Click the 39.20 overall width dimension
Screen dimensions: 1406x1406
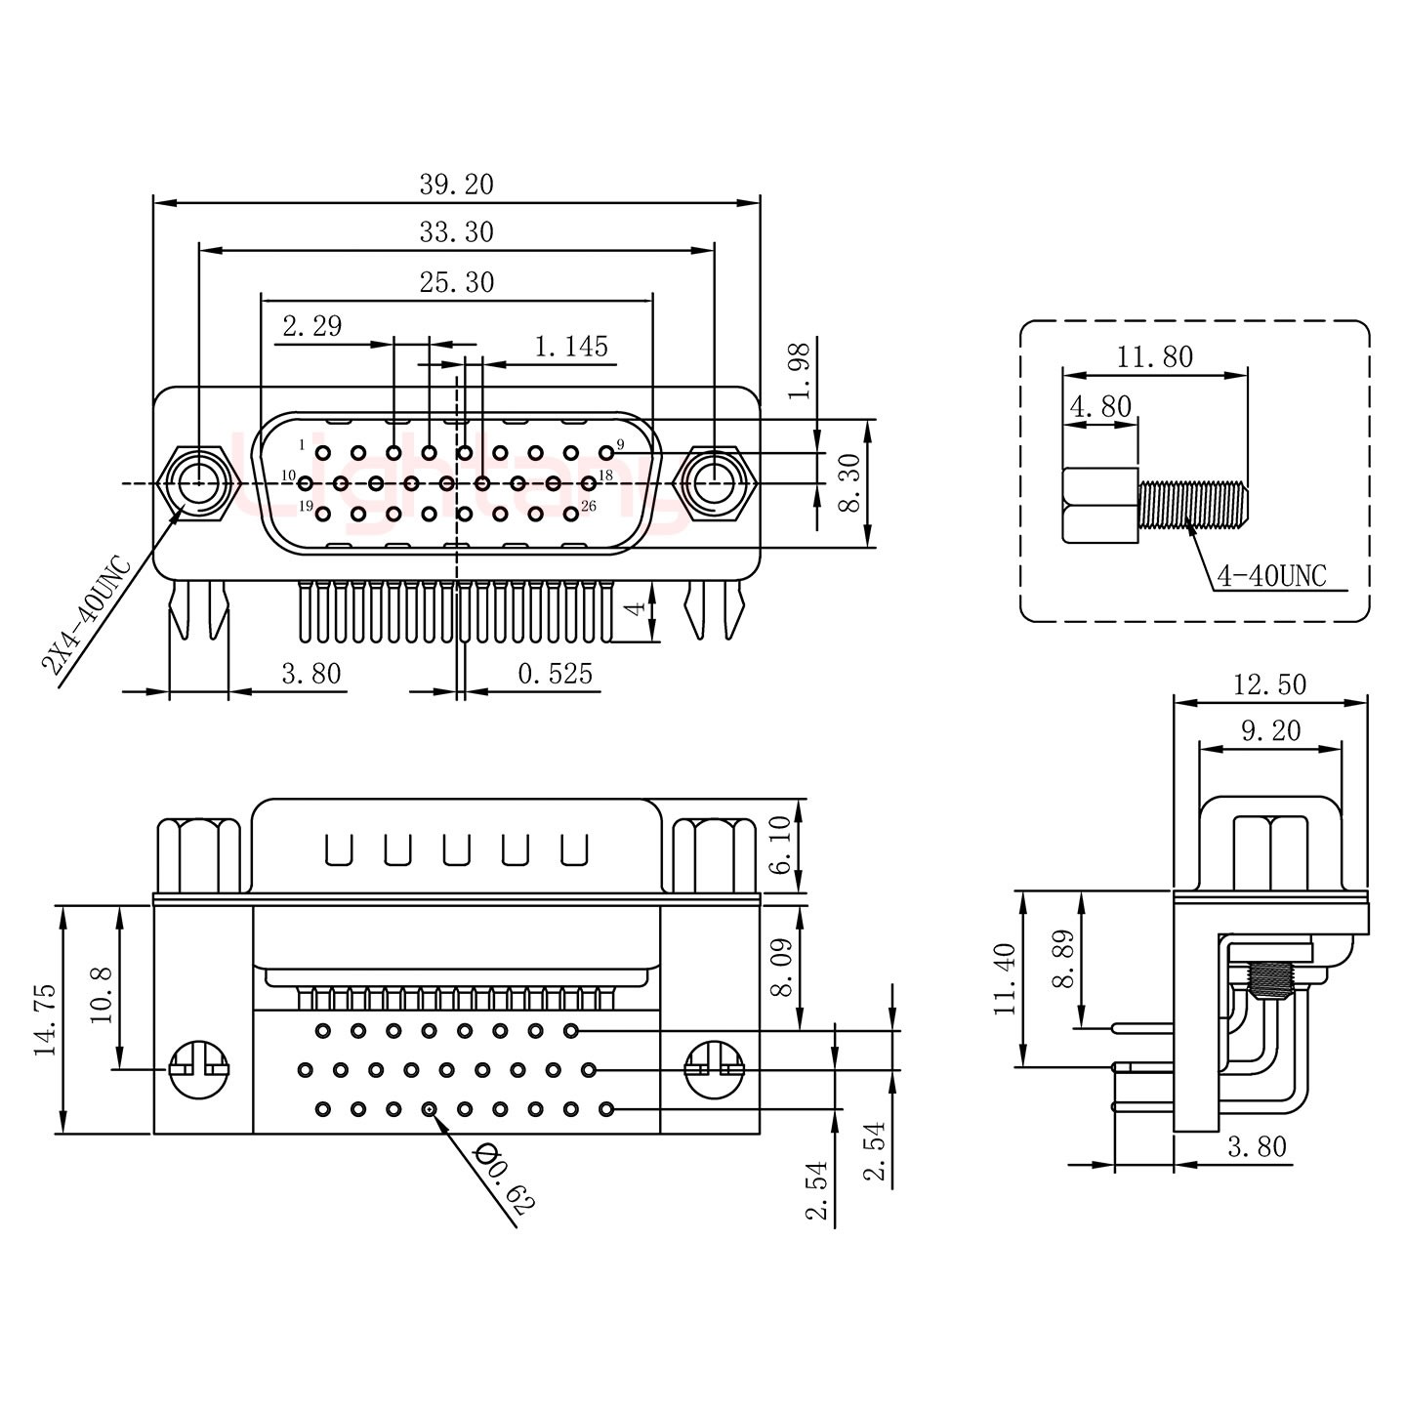coord(456,184)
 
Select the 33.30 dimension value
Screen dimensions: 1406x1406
coord(456,232)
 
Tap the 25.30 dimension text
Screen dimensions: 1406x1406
coord(456,282)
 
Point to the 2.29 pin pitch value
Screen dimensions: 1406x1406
coord(311,326)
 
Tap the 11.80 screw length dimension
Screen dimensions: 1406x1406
coord(1154,357)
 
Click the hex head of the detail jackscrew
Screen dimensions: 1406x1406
coord(1100,505)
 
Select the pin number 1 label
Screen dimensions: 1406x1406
coord(302,445)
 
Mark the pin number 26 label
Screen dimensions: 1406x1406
coord(588,506)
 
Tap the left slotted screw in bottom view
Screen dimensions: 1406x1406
coord(198,1068)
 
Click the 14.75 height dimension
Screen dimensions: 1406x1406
coord(44,1021)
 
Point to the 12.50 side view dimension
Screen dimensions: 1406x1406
coord(1268,684)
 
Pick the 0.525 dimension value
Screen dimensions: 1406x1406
coord(555,674)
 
